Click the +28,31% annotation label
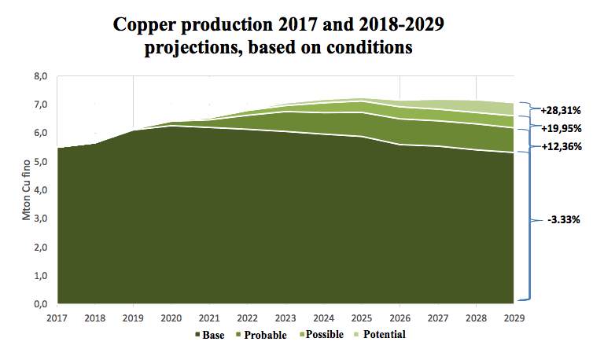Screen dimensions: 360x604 click(x=558, y=110)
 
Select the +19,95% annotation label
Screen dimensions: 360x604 click(x=558, y=128)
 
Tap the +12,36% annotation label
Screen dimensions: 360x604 click(x=558, y=147)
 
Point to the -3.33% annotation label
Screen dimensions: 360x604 click(x=563, y=220)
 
